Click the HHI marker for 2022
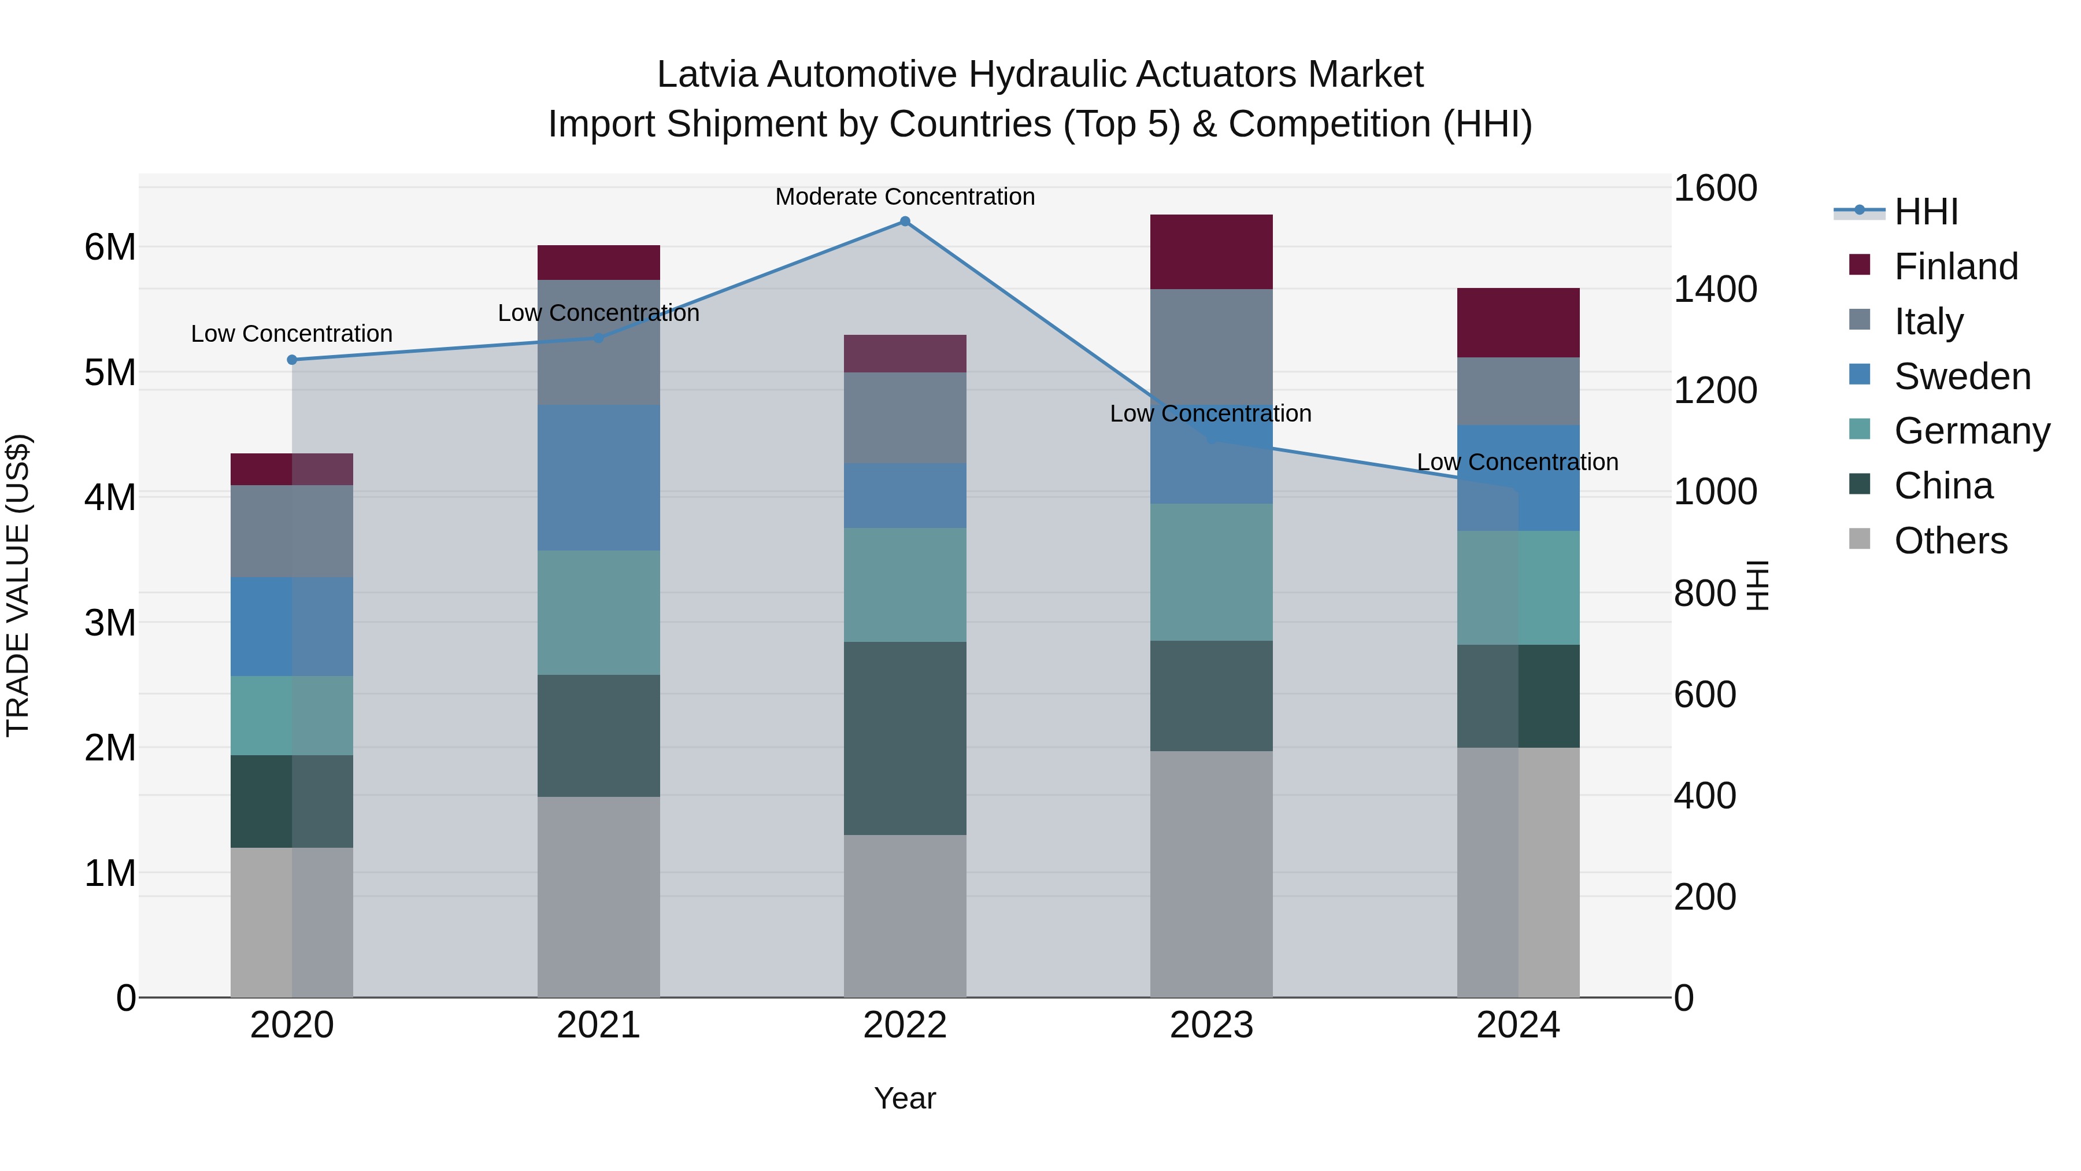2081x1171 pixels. coord(905,221)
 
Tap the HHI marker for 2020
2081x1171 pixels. coord(292,360)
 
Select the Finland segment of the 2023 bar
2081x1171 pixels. coord(1211,252)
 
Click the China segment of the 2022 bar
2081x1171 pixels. coord(905,738)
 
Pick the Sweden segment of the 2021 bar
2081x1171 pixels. coord(599,478)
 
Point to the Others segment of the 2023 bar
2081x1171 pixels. coord(1211,874)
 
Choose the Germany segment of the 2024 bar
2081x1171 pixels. coord(1518,588)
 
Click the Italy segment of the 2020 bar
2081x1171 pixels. coord(292,531)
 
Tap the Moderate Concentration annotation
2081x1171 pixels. coord(905,197)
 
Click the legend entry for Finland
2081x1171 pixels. coord(1955,267)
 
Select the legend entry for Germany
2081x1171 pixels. coord(1971,431)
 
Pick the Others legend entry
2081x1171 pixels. coord(1950,541)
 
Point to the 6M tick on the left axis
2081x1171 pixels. coord(110,248)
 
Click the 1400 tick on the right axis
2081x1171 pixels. coord(1715,289)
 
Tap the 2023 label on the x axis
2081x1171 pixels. coord(1211,1025)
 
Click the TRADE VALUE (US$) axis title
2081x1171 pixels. coord(18,585)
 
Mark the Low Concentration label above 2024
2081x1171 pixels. coord(1517,462)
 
